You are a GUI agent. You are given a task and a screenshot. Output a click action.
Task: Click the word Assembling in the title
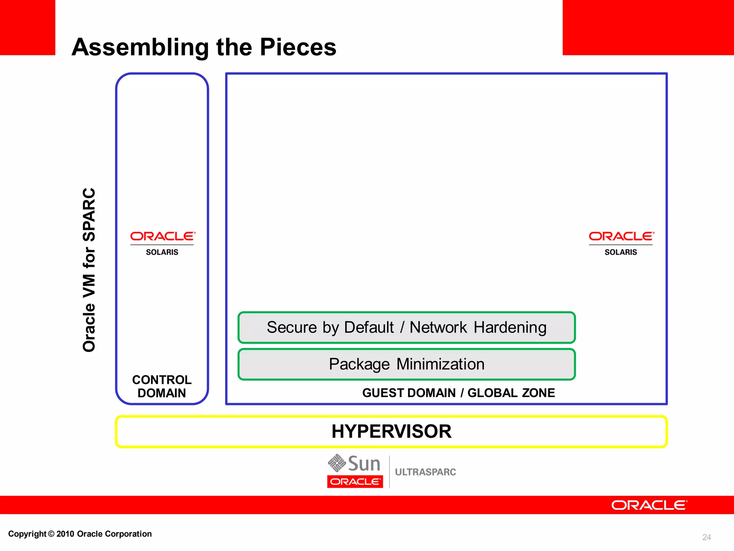pyautogui.click(x=140, y=47)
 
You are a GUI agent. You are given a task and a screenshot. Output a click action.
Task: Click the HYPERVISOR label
pyautogui.click(x=391, y=431)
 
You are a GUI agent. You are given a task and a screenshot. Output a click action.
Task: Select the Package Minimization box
pyautogui.click(x=406, y=364)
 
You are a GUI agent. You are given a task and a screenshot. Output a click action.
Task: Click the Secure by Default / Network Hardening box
pyautogui.click(x=406, y=328)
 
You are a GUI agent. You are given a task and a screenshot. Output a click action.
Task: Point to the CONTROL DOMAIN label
pyautogui.click(x=162, y=386)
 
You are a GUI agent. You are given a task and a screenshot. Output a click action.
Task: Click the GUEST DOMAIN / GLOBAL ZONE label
pyautogui.click(x=458, y=393)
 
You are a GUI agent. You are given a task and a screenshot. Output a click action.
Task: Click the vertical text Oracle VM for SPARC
pyautogui.click(x=89, y=270)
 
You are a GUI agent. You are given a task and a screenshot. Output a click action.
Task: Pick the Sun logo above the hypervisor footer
pyautogui.click(x=354, y=463)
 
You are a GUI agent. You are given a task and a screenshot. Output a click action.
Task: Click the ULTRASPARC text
pyautogui.click(x=425, y=472)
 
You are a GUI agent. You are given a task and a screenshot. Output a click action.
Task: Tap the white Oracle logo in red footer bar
pyautogui.click(x=649, y=505)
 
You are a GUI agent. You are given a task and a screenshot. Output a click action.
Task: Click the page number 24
pyautogui.click(x=706, y=537)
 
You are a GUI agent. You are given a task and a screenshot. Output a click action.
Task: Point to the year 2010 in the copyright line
pyautogui.click(x=65, y=534)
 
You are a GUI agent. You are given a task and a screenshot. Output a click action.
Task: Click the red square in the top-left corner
pyautogui.click(x=27, y=27)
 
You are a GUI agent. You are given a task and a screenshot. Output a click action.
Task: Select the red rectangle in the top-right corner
pyautogui.click(x=648, y=27)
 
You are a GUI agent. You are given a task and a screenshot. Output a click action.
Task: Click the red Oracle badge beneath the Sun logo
pyautogui.click(x=355, y=481)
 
